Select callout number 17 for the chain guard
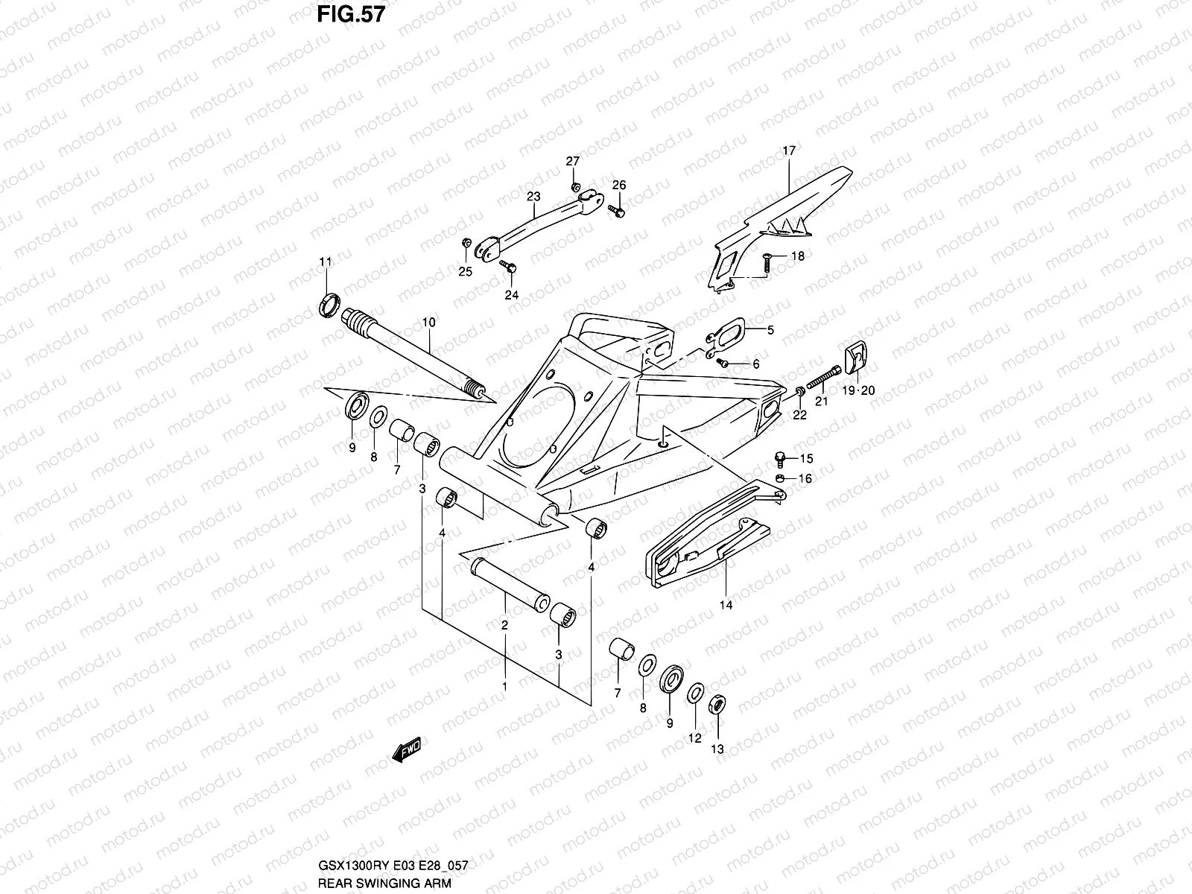click(789, 150)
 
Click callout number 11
click(326, 261)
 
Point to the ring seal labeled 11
click(329, 305)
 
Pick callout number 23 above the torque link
click(533, 197)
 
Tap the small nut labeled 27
click(574, 186)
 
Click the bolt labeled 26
click(616, 212)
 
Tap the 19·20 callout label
click(859, 390)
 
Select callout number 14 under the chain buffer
click(726, 606)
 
